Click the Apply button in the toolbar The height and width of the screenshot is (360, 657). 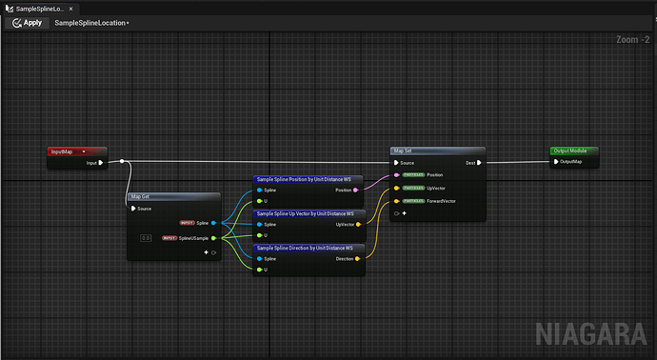27,22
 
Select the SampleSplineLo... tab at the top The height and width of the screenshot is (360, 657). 37,7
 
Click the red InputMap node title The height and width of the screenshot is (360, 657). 67,151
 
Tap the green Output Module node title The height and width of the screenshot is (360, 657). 573,150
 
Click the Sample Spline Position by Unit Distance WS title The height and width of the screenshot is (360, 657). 305,179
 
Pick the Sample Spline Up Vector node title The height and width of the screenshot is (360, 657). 305,213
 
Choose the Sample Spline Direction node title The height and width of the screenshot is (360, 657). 305,248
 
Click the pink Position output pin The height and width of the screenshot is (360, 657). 356,190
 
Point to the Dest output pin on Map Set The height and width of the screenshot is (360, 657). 479,162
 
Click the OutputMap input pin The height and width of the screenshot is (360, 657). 555,162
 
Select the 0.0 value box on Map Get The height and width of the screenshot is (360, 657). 146,237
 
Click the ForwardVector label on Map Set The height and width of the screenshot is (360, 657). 441,201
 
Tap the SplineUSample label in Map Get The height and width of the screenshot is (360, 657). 194,237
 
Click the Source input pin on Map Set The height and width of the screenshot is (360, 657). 396,162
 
